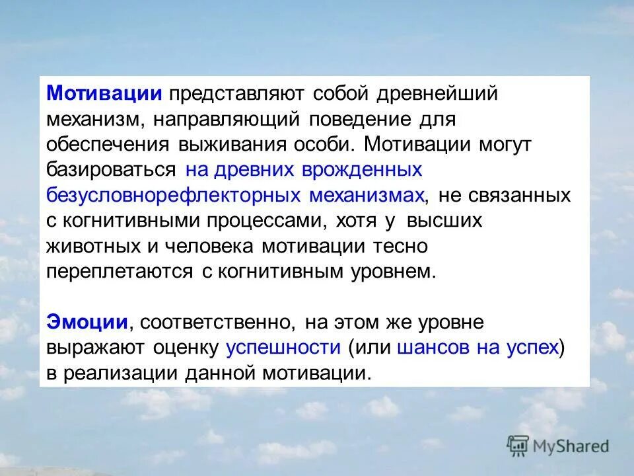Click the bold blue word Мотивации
[104, 93]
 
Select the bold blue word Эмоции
[87, 322]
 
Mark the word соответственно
[217, 323]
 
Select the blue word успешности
[283, 347]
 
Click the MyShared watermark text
[572, 446]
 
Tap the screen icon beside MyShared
[519, 446]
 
